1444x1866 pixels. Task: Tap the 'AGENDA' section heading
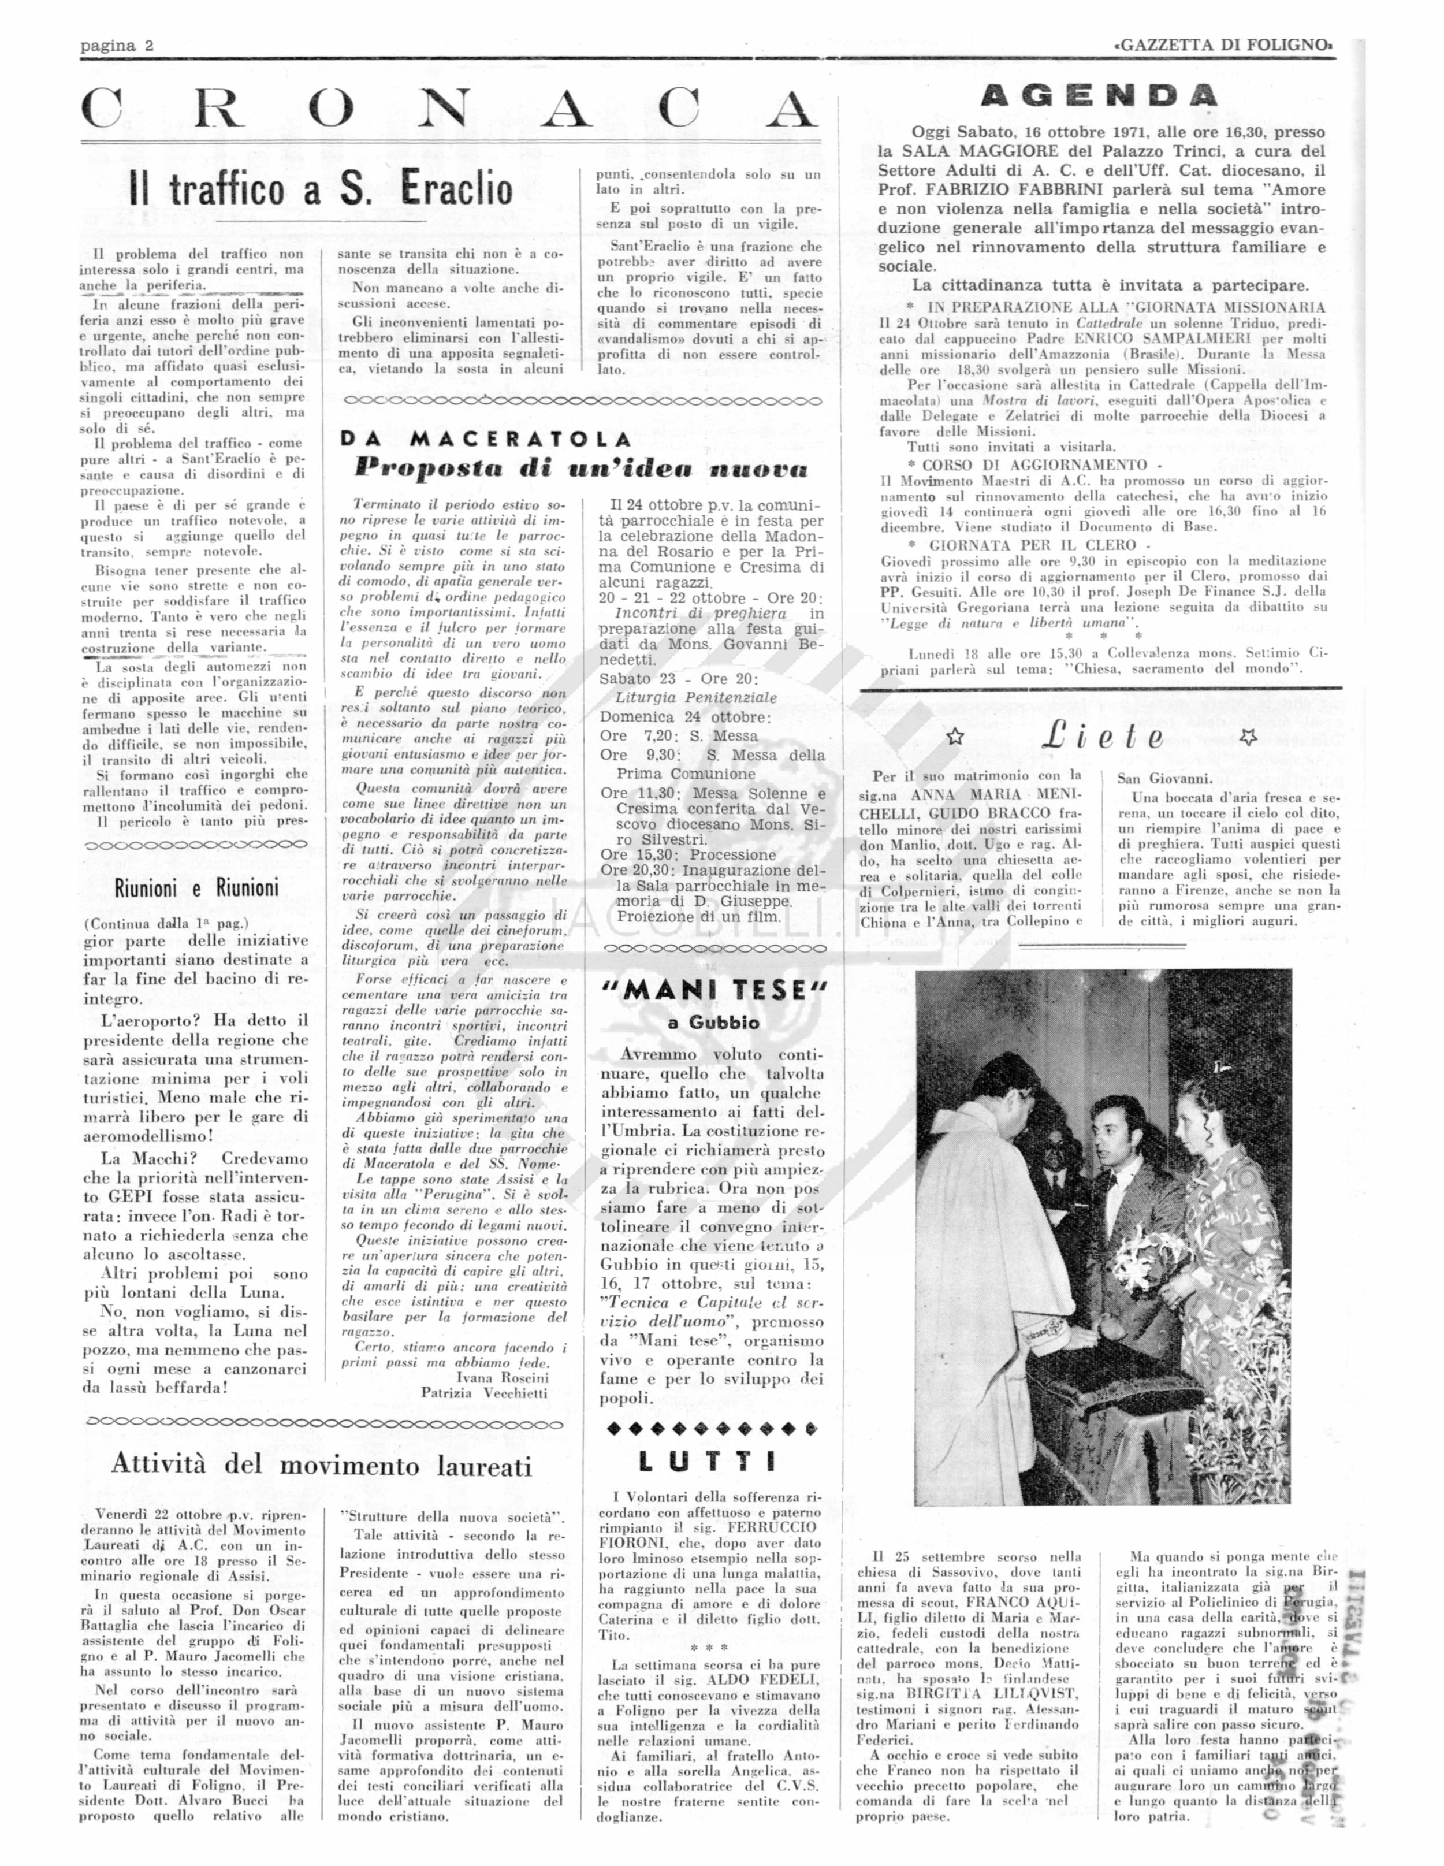pyautogui.click(x=1098, y=96)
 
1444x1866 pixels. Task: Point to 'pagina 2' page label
pyautogui.click(x=117, y=46)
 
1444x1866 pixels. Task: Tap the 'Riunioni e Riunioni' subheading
pyautogui.click(x=196, y=888)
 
